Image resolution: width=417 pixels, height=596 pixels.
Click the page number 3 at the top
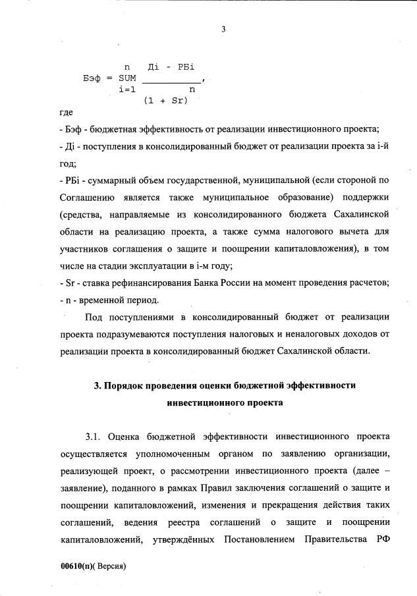click(224, 28)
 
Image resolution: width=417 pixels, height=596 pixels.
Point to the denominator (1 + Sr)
click(165, 101)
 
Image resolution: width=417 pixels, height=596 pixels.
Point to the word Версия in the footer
click(111, 566)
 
